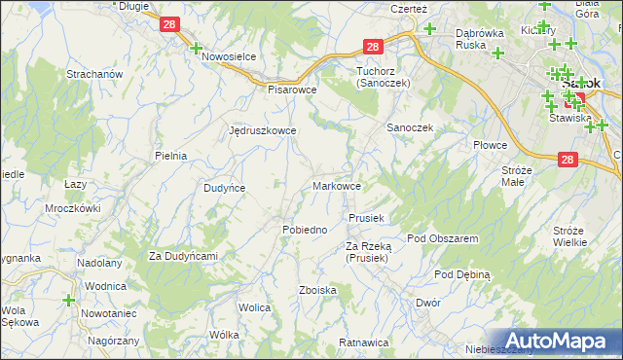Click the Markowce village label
[338, 186]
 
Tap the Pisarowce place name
[293, 89]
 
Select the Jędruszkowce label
[262, 129]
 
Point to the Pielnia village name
[170, 155]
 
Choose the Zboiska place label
[318, 290]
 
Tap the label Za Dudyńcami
[182, 256]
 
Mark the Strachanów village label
[92, 74]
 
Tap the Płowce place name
[491, 145]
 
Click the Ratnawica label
[363, 343]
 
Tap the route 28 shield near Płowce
[570, 161]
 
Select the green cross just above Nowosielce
[196, 48]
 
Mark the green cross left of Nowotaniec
[69, 302]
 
